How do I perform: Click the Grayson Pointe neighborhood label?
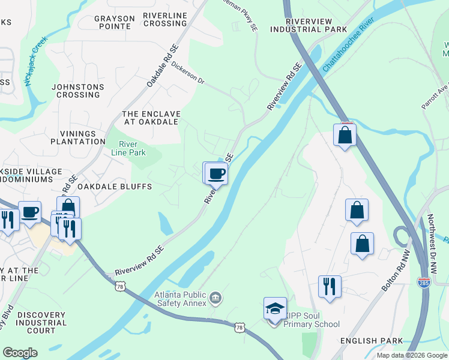[x=114, y=22]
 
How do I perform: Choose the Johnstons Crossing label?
[x=77, y=91]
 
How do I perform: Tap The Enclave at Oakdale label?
[x=150, y=118]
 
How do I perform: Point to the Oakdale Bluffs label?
[x=115, y=187]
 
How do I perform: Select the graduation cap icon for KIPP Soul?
[x=275, y=309]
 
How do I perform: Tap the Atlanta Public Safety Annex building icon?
[x=214, y=297]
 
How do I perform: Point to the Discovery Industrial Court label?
[x=45, y=323]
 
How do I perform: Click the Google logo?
[x=20, y=353]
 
